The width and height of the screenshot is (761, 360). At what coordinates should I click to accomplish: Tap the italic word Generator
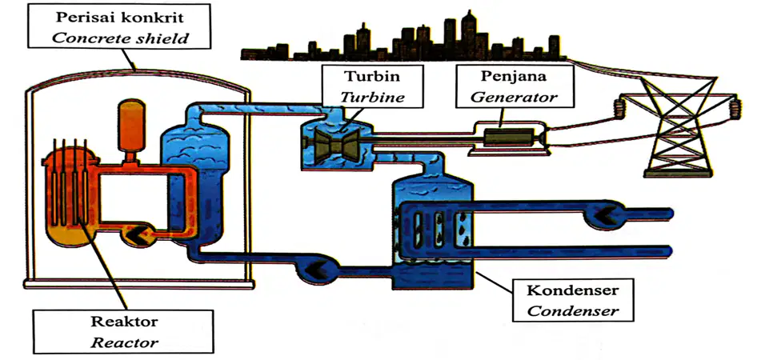[515, 97]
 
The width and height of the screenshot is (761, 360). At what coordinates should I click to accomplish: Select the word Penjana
[514, 76]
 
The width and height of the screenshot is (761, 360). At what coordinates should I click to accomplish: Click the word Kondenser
[573, 290]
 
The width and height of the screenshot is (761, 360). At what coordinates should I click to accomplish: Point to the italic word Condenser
[573, 310]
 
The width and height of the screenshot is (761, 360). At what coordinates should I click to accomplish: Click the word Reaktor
[125, 322]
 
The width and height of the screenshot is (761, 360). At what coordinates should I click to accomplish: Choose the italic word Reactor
[125, 343]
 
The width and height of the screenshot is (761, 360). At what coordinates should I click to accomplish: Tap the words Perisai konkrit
[119, 17]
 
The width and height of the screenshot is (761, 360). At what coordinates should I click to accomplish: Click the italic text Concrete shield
[119, 38]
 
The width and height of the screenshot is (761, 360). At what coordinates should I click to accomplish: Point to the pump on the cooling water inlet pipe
[601, 213]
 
